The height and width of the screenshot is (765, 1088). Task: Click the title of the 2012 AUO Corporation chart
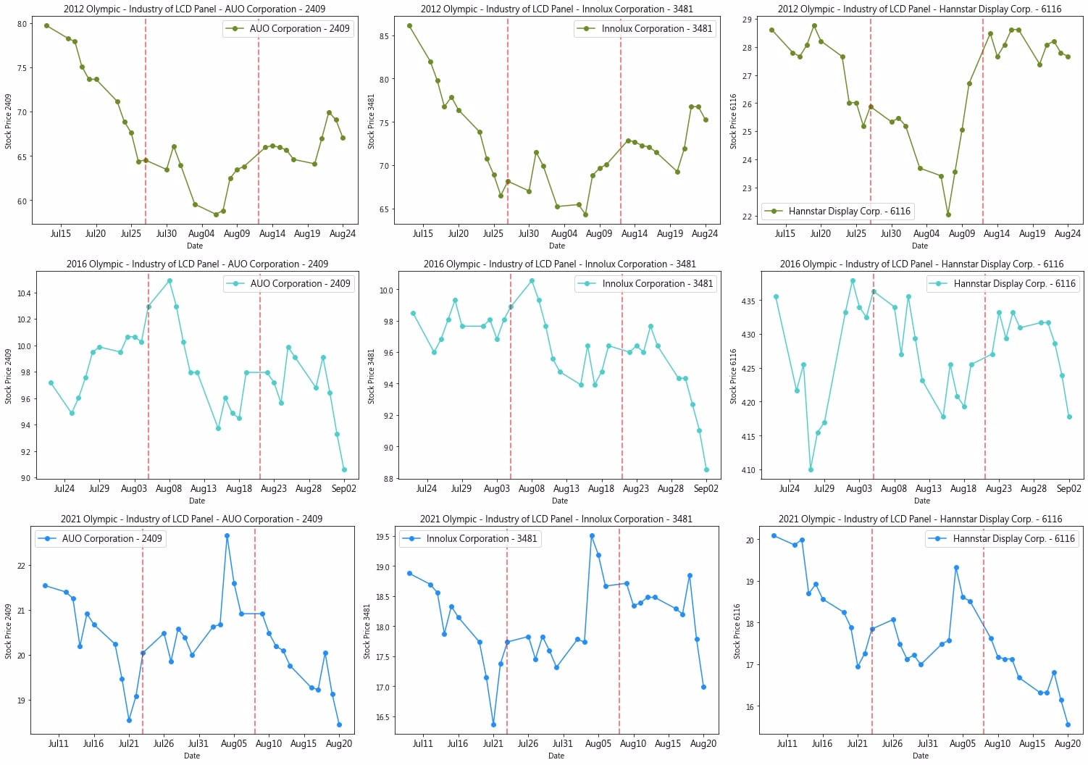pos(194,9)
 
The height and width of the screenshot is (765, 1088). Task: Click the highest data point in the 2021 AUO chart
pos(227,536)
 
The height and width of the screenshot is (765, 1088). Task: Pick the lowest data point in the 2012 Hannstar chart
pos(948,214)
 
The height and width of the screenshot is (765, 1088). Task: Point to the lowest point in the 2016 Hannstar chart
pos(811,469)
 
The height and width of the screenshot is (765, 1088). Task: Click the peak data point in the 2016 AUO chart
pos(170,281)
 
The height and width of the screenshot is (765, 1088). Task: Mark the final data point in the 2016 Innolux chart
pos(706,469)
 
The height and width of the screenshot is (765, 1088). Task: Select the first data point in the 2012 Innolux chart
pos(409,26)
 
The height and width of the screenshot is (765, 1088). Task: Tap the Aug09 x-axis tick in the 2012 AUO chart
pos(237,234)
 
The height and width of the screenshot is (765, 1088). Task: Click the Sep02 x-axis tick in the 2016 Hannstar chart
pos(1068,489)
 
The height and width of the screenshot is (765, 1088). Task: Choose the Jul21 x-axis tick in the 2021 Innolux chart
pos(493,744)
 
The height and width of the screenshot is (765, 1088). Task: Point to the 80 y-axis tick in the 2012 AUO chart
pos(22,24)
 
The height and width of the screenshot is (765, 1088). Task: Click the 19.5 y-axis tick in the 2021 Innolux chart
pos(382,538)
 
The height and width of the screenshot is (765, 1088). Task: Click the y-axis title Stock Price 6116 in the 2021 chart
pos(737,631)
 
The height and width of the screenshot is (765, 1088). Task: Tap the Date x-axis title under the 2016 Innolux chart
pos(559,501)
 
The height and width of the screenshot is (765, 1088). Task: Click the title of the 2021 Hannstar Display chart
pos(920,519)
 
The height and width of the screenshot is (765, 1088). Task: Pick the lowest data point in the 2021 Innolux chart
pos(493,724)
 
